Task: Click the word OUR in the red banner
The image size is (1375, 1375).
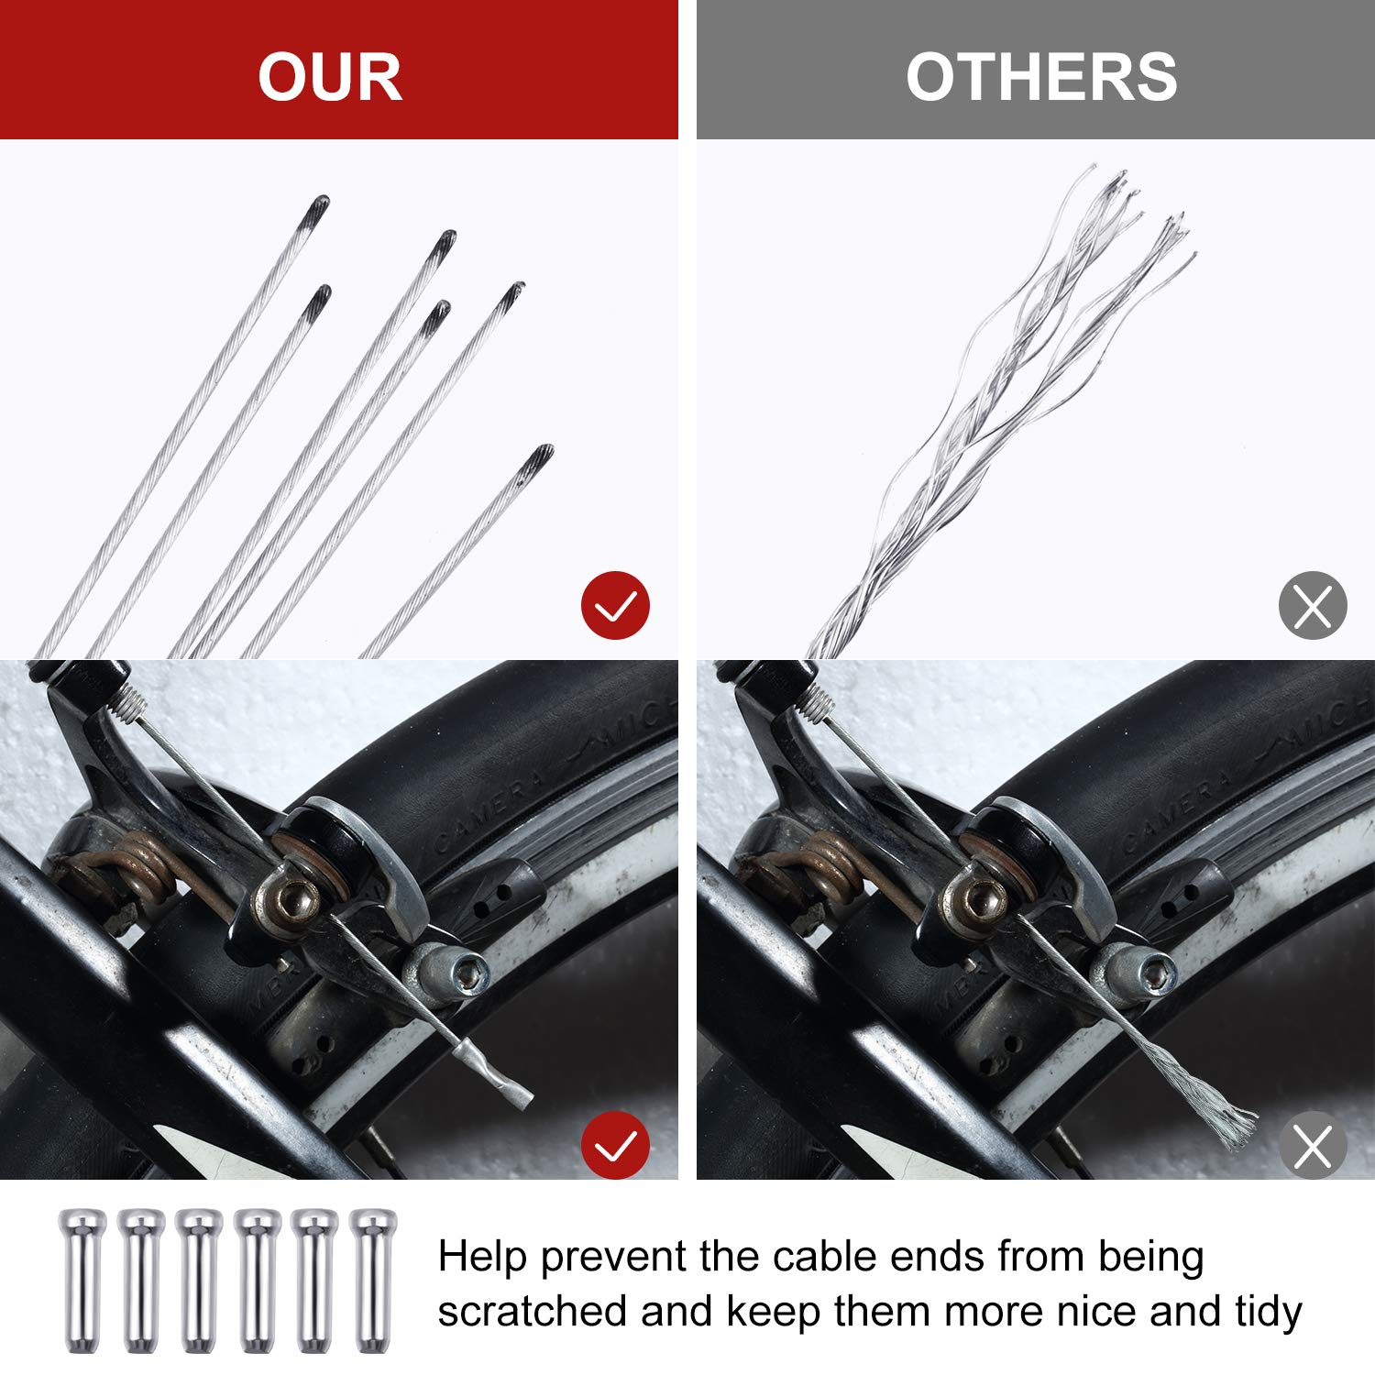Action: pos(330,77)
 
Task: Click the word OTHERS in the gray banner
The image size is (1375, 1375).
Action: pos(1041,77)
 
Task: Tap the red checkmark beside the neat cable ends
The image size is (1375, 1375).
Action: pos(615,605)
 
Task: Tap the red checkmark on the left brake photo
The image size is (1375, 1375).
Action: pos(615,1145)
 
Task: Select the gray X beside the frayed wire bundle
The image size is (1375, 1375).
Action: pos(1313,605)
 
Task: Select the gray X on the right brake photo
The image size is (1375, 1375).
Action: pos(1313,1145)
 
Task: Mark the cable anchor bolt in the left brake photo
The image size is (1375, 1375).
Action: pos(291,903)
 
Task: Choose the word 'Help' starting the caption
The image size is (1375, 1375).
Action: pos(482,1258)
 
